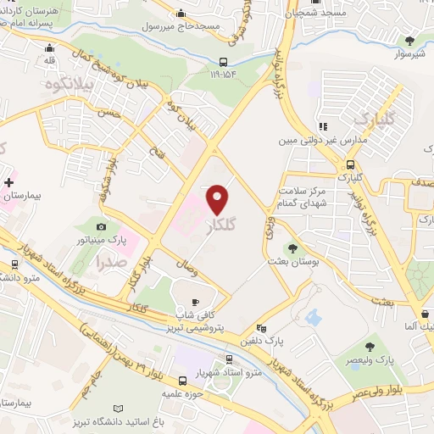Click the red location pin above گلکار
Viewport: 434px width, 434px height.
[x=219, y=199]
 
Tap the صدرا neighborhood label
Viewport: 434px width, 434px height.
[x=112, y=262]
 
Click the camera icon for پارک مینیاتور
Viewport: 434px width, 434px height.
[x=102, y=226]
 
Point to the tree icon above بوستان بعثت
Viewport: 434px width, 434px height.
[x=292, y=249]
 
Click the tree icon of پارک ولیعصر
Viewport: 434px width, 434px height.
[x=371, y=347]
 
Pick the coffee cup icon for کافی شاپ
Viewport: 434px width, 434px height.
[x=195, y=302]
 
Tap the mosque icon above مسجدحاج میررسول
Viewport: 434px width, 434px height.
[x=181, y=13]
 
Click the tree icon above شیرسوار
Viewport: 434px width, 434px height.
[x=410, y=40]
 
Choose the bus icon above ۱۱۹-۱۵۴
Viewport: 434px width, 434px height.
[x=223, y=61]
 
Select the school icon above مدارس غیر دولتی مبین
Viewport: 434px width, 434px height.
[x=320, y=125]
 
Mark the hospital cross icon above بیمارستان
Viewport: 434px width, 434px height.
[x=9, y=182]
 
